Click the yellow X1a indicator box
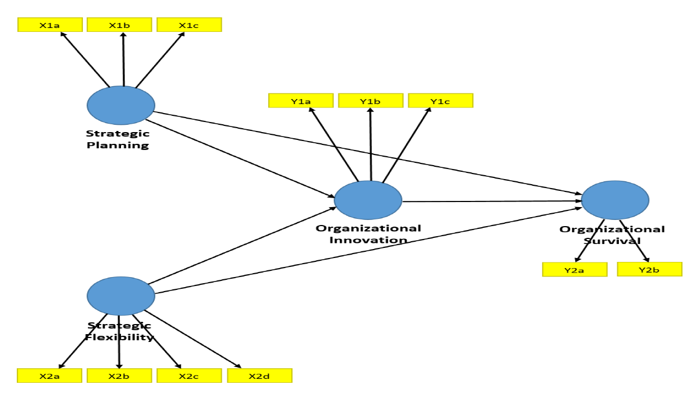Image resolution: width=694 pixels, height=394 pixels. pos(50,25)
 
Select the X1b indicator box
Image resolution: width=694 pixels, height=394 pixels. pos(120,25)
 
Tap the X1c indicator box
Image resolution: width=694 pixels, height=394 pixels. pos(189,25)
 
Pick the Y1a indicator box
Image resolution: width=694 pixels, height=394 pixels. pos(301,101)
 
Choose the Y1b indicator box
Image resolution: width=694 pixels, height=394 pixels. pos(371,101)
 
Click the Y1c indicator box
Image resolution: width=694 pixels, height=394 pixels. pos(441,101)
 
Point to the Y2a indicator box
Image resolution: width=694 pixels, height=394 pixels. pos(575,270)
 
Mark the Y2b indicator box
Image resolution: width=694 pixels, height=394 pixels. pos(650,269)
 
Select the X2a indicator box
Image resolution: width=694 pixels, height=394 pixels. pos(50,376)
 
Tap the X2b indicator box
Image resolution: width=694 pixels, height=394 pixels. pos(119,376)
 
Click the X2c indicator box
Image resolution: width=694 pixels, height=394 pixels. pos(189,376)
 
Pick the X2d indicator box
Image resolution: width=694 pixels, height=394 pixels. pos(259,376)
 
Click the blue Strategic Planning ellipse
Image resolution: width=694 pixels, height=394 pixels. pos(121,105)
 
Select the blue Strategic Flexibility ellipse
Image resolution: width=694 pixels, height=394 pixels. pos(121,295)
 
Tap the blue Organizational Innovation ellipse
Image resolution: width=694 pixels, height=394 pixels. pos(368,200)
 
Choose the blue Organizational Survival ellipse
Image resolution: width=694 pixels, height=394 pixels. pos(615,200)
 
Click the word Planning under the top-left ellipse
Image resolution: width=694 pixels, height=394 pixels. pos(118,146)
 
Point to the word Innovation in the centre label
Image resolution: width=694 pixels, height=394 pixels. pos(368,240)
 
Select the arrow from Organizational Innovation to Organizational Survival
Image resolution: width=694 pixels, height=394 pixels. pos(493,200)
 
